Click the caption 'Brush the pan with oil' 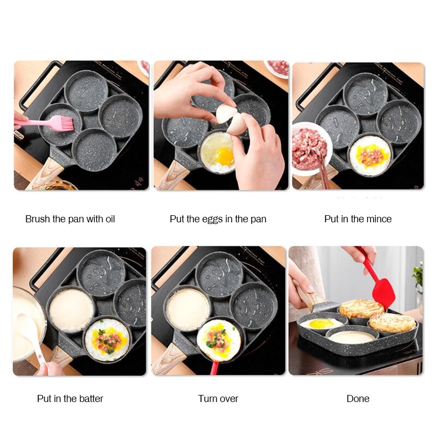tap(70, 219)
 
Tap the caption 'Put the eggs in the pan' tap(218, 219)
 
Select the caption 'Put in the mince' tap(358, 219)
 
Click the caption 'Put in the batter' tap(70, 399)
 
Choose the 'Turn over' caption tap(218, 399)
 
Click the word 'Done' tap(358, 399)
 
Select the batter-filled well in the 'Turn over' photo tap(188, 309)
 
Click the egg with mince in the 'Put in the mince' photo tap(369, 155)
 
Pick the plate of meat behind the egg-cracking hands tap(277, 68)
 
